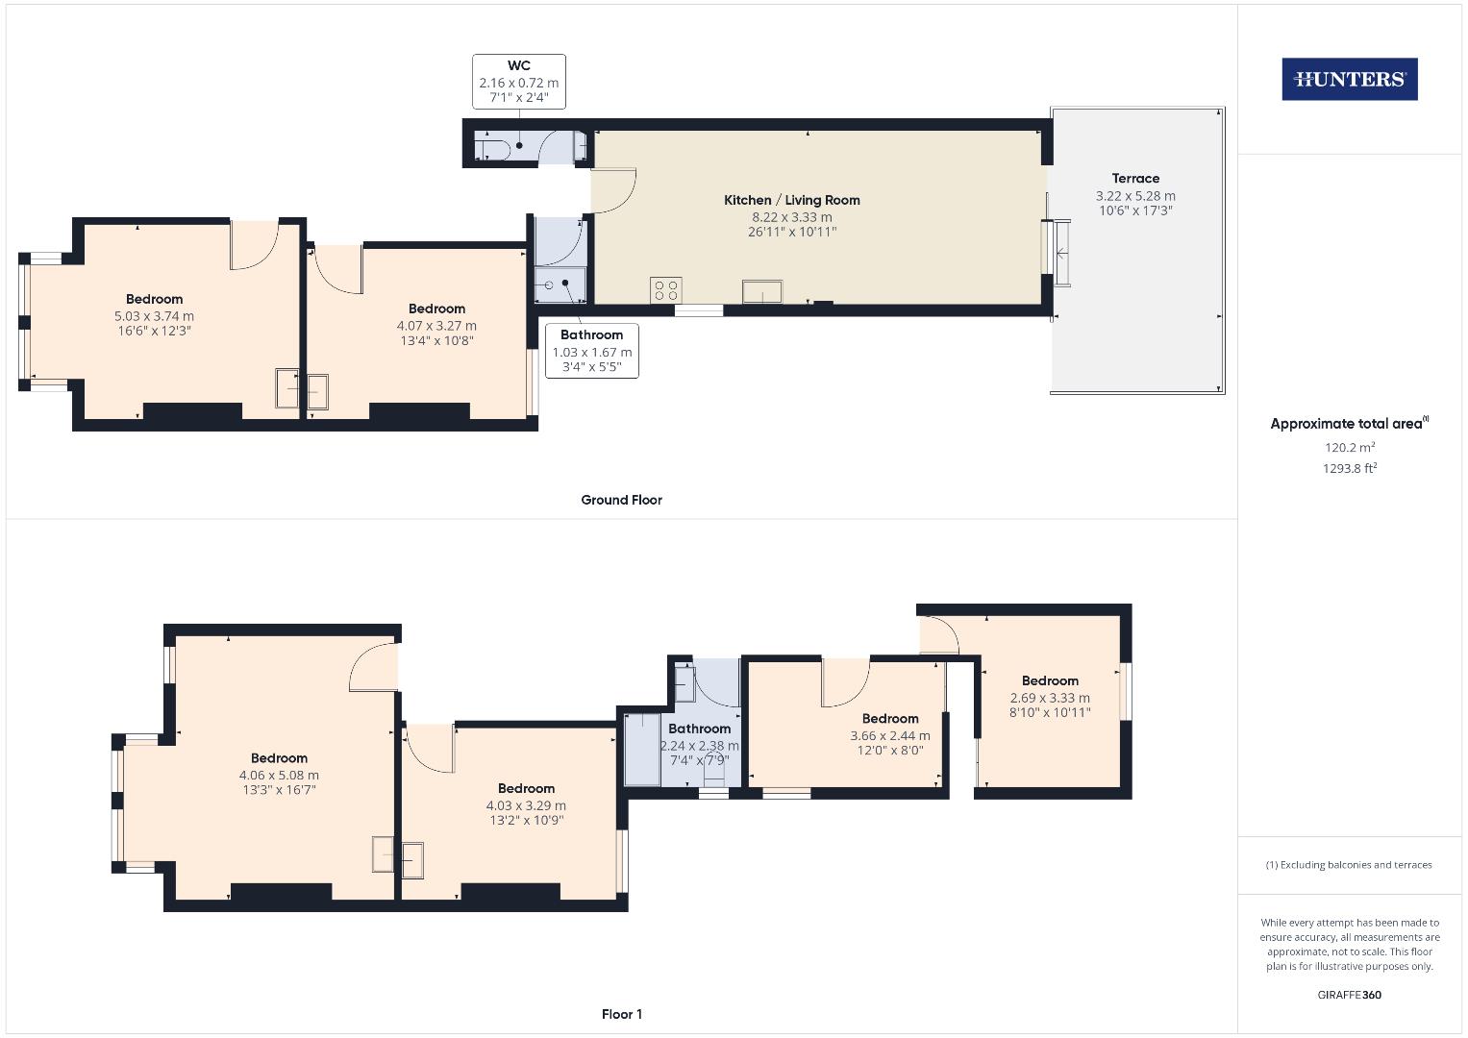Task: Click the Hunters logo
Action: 1349,79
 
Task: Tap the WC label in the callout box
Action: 518,65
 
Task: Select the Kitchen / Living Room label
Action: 791,200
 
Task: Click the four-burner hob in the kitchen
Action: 666,289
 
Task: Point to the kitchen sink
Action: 761,291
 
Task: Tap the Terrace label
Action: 1135,178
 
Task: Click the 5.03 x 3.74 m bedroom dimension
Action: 154,315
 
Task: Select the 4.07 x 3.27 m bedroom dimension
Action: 436,325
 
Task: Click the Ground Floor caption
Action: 621,500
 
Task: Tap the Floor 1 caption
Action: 621,1014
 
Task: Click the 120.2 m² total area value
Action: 1349,447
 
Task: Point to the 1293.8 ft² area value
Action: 1349,468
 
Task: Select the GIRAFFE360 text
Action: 1349,995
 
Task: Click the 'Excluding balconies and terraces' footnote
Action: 1349,865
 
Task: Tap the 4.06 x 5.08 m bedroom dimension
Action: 279,775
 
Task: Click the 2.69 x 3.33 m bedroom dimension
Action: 1050,698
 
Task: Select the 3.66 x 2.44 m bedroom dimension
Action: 889,735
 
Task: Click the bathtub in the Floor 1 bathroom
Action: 641,748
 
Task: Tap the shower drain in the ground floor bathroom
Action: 566,283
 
